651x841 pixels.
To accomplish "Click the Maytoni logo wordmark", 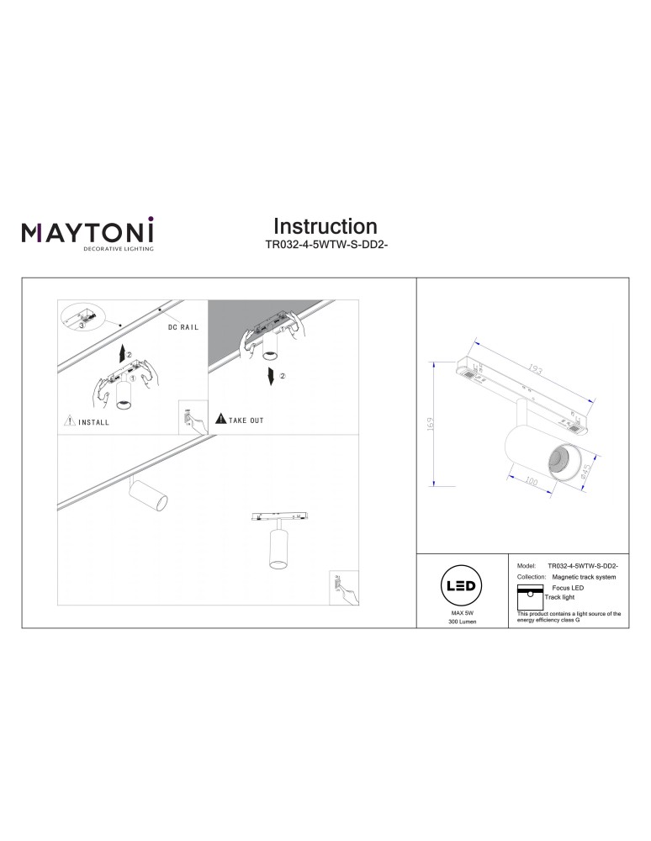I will [x=87, y=231].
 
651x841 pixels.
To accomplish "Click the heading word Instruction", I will [x=325, y=226].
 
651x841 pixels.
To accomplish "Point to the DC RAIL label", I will [x=183, y=327].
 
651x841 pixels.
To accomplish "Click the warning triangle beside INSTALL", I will [x=69, y=420].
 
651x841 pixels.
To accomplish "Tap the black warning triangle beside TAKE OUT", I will [x=220, y=418].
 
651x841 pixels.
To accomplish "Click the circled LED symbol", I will [x=462, y=586].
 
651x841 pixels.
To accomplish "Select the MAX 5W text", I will [x=463, y=615].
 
